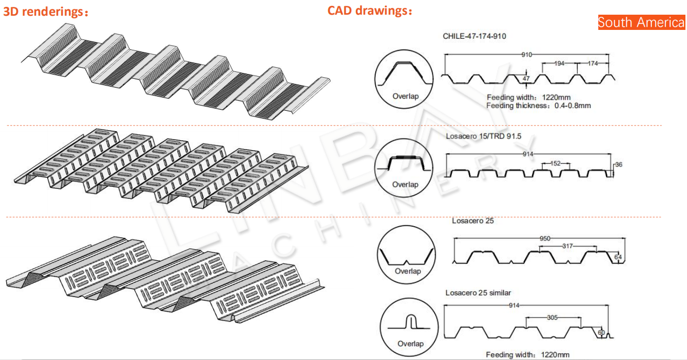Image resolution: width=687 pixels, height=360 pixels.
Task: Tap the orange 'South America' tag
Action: coord(641,23)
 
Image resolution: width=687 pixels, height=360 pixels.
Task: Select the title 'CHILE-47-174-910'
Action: coord(475,36)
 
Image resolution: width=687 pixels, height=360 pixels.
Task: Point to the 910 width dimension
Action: coord(527,55)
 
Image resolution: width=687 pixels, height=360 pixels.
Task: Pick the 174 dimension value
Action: coord(593,63)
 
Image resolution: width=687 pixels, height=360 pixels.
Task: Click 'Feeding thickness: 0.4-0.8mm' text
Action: coord(538,105)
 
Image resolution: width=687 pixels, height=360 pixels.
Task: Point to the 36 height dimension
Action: coord(618,165)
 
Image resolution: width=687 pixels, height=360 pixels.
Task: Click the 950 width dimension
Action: coord(545,239)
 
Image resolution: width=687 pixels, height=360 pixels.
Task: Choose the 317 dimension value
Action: coord(567,246)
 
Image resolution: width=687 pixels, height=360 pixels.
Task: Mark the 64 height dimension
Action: coord(618,257)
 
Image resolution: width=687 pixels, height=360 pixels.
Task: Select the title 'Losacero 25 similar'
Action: coord(478,293)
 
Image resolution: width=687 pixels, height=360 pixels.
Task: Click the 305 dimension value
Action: coord(552,317)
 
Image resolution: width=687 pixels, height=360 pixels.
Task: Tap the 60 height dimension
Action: coord(601,333)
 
